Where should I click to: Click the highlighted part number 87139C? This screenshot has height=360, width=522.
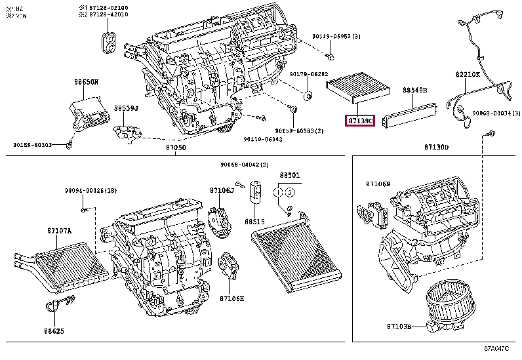coord(360,121)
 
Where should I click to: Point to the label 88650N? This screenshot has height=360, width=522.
coord(85,82)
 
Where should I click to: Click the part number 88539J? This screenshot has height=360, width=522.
coord(125,108)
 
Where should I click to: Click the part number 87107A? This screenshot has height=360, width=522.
coord(59,230)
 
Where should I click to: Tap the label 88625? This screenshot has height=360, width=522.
coord(55,331)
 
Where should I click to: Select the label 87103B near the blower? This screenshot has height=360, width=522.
coord(398,326)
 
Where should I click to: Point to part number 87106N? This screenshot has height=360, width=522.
coord(378,184)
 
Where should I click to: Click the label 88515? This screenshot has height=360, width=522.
coord(254,222)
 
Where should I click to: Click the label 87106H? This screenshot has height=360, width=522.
coord(231,298)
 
